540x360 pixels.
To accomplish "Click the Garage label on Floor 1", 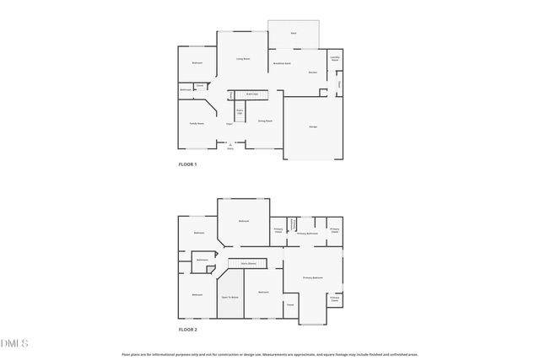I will pyautogui.click(x=312, y=126).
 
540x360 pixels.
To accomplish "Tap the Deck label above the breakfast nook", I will pyautogui.click(x=294, y=33).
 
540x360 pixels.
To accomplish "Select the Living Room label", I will pyautogui.click(x=242, y=59).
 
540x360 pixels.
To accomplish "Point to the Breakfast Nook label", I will pyautogui.click(x=282, y=64).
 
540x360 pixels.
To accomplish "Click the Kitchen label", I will pyautogui.click(x=312, y=73).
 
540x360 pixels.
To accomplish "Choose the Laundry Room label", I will pyautogui.click(x=335, y=59).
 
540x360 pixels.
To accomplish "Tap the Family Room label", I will pyautogui.click(x=197, y=123).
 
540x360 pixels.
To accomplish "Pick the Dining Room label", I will pyautogui.click(x=264, y=121).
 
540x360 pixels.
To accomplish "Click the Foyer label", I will pyautogui.click(x=229, y=124).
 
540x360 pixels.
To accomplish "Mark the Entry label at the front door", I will pyautogui.click(x=230, y=148).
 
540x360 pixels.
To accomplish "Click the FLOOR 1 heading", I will pyautogui.click(x=187, y=164).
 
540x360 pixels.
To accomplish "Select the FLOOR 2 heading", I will pyautogui.click(x=187, y=330).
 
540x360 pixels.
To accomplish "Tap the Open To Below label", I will pyautogui.click(x=230, y=298).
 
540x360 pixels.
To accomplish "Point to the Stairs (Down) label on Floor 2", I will pyautogui.click(x=248, y=263).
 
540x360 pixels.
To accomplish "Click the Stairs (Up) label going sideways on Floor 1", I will pyautogui.click(x=251, y=94).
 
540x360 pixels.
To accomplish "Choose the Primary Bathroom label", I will pyautogui.click(x=307, y=233).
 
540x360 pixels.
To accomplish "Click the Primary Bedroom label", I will pyautogui.click(x=314, y=277).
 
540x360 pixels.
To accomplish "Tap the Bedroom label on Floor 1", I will pyautogui.click(x=197, y=63).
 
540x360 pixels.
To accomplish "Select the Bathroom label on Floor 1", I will pyautogui.click(x=186, y=90).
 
